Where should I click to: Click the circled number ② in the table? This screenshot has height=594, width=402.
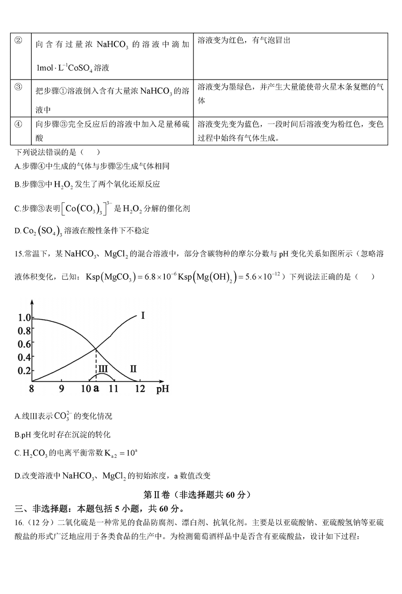click(18, 40)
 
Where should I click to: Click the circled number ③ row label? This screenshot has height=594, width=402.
click(18, 87)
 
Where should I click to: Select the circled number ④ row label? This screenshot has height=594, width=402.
click(18, 124)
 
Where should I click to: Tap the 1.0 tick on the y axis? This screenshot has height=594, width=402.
click(24, 318)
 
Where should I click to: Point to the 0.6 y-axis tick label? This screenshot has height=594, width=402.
click(24, 344)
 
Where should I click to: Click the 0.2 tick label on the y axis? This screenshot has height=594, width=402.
click(24, 371)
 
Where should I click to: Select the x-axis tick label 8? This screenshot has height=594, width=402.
click(32, 388)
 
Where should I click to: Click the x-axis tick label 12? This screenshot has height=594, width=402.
click(140, 388)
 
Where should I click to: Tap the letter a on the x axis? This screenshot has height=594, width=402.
click(96, 388)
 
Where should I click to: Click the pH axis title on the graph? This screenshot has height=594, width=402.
click(163, 388)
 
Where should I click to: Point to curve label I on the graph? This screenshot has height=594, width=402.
click(142, 316)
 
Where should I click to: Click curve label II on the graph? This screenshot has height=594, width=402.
click(133, 369)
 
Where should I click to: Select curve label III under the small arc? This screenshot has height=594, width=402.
click(103, 369)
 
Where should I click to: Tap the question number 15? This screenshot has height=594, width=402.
click(18, 254)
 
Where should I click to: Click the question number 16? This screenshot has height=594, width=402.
click(18, 522)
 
